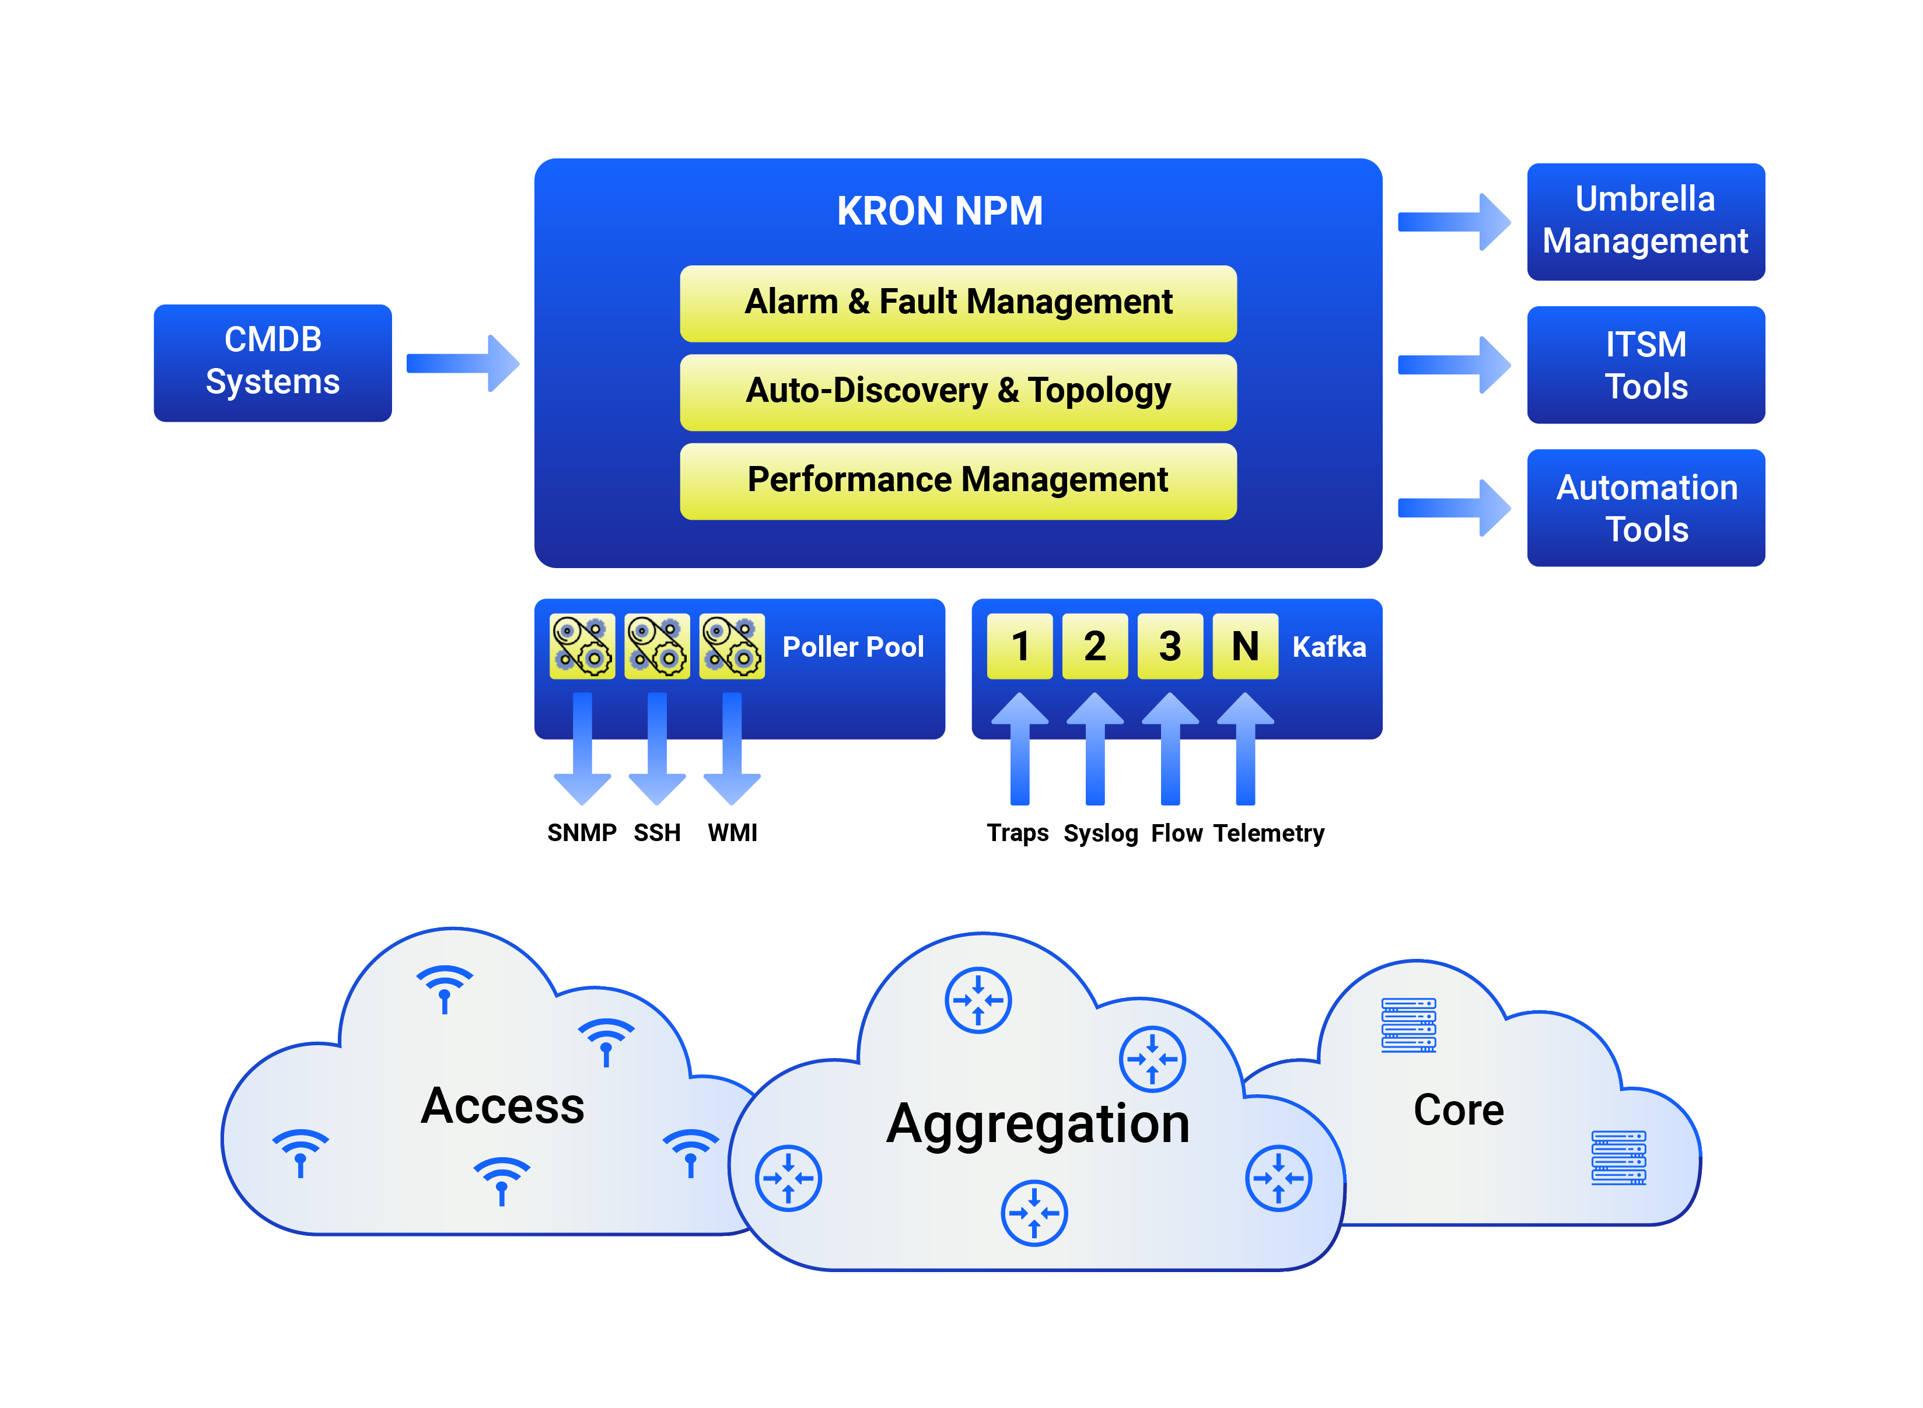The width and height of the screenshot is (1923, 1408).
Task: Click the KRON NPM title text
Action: coord(939,211)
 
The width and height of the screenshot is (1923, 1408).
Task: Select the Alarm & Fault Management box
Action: coord(957,303)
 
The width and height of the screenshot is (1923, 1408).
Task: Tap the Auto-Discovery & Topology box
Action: coord(957,391)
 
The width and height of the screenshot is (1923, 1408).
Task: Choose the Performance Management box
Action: coord(957,480)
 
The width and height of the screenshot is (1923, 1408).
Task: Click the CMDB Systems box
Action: coord(273,362)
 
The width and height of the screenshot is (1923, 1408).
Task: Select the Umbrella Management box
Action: coord(1645,220)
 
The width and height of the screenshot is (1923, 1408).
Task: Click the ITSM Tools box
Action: coord(1645,365)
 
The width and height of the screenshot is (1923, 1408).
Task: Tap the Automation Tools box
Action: coord(1645,508)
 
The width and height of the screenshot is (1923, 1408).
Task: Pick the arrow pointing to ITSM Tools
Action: coord(1453,365)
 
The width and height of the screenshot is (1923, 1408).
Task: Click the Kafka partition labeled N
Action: coord(1244,646)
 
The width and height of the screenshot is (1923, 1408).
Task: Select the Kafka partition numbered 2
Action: coord(1095,646)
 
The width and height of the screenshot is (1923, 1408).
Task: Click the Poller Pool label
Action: coord(852,647)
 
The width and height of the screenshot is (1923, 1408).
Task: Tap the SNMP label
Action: coord(581,833)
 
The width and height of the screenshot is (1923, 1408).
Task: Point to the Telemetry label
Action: coord(1268,833)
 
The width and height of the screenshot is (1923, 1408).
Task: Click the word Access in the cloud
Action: coord(503,1106)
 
